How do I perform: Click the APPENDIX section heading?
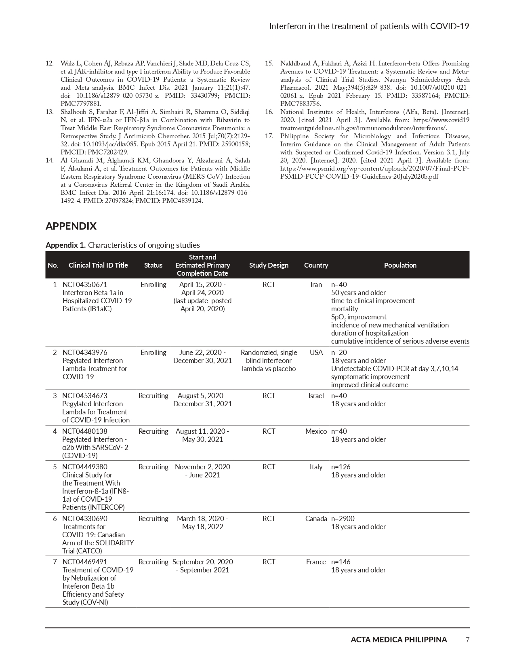71,226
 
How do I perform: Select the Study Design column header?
269,265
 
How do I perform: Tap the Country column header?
316,265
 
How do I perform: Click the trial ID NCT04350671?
85,285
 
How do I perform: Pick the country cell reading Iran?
316,285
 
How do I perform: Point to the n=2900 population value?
343,519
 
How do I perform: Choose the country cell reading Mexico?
316,431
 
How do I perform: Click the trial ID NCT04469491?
85,562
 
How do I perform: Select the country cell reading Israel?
316,396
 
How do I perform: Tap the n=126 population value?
341,467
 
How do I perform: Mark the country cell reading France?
316,562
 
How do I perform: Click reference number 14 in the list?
50,160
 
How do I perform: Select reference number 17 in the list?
269,136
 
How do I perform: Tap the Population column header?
400,265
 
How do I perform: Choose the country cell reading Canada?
316,519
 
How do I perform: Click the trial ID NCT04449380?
85,467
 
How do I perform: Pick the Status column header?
153,265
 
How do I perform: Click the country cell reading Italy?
316,467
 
